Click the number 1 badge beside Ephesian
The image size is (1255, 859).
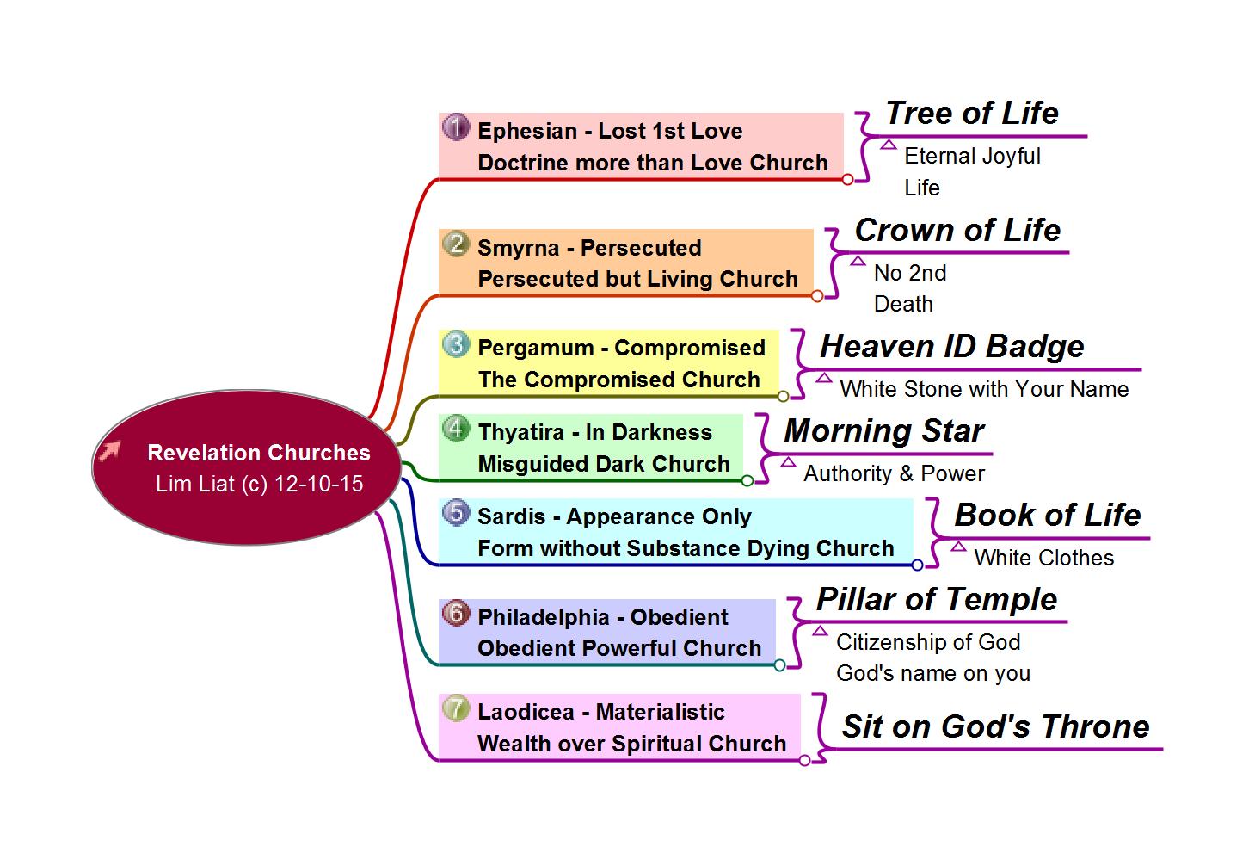pos(456,127)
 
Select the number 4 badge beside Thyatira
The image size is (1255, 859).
pos(456,429)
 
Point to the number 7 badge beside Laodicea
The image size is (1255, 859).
pos(456,708)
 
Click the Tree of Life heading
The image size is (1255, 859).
pos(971,113)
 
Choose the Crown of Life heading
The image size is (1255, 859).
pos(957,230)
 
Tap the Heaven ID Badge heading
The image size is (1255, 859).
pos(951,346)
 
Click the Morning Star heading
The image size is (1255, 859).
pos(883,430)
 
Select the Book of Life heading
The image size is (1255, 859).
pos(1047,515)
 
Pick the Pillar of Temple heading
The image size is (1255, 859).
pos(936,599)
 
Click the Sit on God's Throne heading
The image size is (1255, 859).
pos(995,726)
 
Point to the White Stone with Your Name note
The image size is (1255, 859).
pos(983,389)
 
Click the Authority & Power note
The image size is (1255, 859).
pos(894,473)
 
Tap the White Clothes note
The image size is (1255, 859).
pos(1043,558)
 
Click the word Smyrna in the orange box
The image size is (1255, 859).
pos(518,248)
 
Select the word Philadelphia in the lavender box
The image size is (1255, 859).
pos(543,617)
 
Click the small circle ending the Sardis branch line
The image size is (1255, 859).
pos(917,565)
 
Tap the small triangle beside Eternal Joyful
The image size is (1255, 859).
pos(889,145)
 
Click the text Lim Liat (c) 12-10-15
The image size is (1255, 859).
pos(259,484)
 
